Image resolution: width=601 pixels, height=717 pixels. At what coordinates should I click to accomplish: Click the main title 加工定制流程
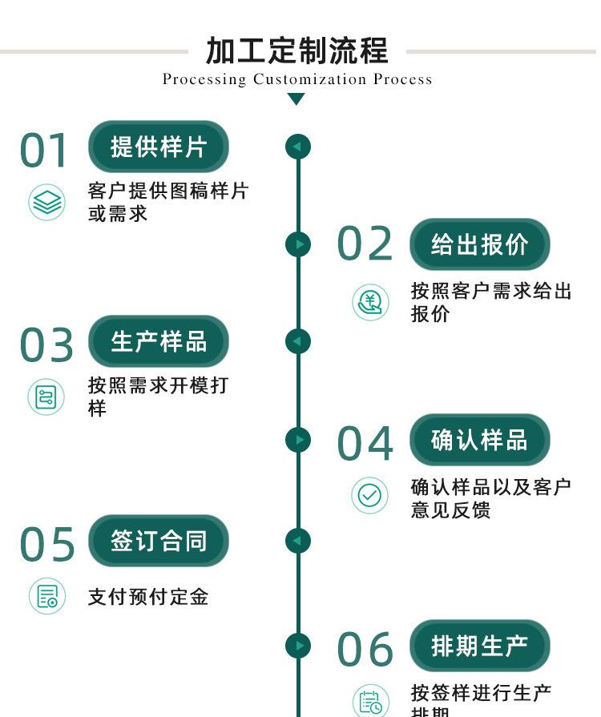(297, 50)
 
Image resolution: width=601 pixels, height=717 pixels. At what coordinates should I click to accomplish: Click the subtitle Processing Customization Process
(297, 79)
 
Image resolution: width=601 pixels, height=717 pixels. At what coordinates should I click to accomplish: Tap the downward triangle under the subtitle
(296, 99)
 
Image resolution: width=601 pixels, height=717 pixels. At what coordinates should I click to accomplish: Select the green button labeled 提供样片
(159, 147)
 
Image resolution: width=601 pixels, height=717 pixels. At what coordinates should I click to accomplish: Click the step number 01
(45, 151)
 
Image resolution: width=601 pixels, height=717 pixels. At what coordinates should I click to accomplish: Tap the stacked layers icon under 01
(46, 202)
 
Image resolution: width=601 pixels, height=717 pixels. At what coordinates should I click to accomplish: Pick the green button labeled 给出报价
(480, 244)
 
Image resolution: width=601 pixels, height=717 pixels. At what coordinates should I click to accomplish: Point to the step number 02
(365, 244)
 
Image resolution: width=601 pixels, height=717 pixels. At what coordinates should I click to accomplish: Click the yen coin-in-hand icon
(370, 302)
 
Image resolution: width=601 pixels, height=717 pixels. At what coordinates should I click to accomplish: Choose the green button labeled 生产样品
(159, 341)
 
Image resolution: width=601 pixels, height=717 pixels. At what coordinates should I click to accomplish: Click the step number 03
(46, 345)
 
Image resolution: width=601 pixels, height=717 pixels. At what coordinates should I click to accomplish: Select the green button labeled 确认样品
(480, 440)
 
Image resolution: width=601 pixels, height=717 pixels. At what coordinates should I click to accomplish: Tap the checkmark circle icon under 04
(369, 496)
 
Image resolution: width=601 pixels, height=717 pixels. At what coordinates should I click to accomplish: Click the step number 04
(365, 444)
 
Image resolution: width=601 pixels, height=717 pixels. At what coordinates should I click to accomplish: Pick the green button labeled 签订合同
(159, 541)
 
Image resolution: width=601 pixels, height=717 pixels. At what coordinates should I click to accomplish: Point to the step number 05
(46, 545)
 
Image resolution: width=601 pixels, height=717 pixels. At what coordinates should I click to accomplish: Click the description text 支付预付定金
(148, 597)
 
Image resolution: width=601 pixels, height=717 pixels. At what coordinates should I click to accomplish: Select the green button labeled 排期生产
(480, 646)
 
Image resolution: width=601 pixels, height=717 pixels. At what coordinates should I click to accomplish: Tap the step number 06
(365, 650)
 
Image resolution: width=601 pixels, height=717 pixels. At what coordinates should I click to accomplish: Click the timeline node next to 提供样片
(297, 147)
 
